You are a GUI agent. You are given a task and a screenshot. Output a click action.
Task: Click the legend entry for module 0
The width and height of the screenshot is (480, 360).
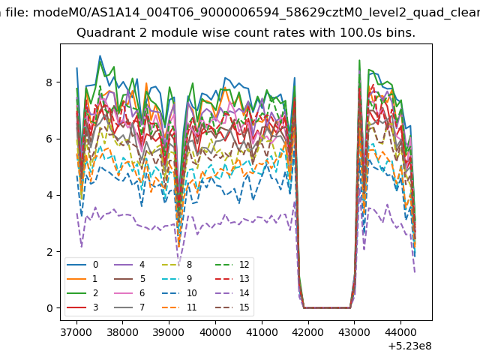[x=82, y=265]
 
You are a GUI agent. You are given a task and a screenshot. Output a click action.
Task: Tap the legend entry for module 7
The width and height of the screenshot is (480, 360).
[x=129, y=307]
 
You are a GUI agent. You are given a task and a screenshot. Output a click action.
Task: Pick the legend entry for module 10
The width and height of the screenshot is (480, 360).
[x=178, y=293]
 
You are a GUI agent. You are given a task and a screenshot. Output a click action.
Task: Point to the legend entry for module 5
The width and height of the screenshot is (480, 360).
[x=129, y=279]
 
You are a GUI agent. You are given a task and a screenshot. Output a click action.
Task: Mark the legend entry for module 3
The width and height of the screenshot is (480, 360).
[x=82, y=307]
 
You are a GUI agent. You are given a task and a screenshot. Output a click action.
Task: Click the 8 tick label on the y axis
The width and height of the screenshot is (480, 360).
[x=49, y=82]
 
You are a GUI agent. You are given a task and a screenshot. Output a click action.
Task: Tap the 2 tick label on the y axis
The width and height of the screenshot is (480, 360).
[x=49, y=252]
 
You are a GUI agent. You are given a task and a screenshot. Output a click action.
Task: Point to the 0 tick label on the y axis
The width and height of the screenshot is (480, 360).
[x=49, y=308]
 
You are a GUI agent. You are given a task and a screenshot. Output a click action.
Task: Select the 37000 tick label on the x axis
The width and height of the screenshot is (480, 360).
[x=76, y=332]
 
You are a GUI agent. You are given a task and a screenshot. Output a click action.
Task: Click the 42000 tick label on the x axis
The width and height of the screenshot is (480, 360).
[x=307, y=332]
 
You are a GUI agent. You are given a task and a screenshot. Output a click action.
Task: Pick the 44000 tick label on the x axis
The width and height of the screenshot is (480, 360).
[x=400, y=332]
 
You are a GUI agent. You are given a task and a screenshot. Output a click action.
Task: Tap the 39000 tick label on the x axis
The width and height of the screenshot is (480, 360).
[x=169, y=332]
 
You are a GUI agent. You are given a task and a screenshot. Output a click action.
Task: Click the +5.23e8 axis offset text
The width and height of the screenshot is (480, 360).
[x=409, y=346]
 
